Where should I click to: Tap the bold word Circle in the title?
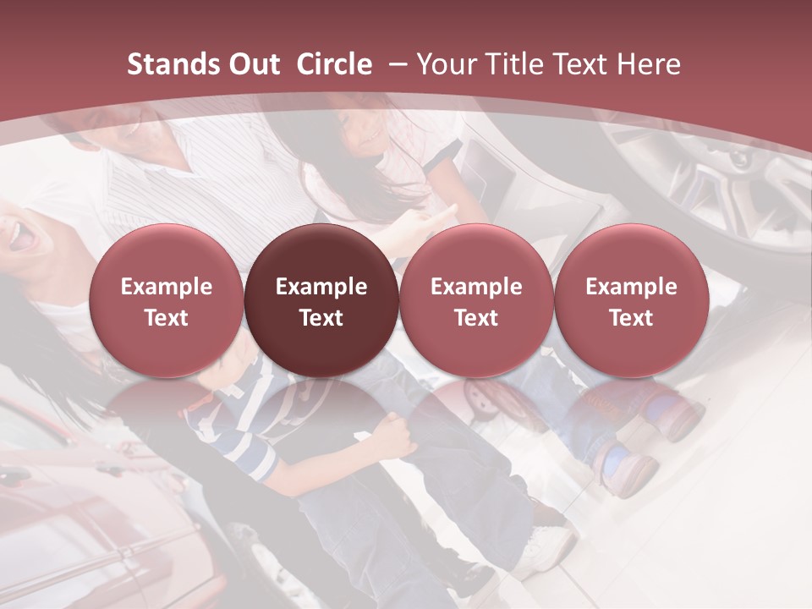pos(334,64)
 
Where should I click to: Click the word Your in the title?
pos(443,64)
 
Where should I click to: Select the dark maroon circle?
pos(321,301)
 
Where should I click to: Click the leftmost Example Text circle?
pos(167,301)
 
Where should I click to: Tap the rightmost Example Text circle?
pos(631,301)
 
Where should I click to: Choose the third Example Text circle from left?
pos(476,301)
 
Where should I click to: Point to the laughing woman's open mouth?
pos(23,239)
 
